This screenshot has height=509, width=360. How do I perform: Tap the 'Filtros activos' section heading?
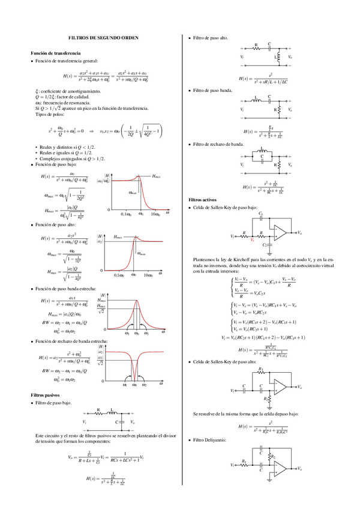click(203, 199)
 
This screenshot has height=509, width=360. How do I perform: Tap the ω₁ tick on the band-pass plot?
click(127, 333)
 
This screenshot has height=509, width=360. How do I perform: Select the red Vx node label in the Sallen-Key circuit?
click(252, 240)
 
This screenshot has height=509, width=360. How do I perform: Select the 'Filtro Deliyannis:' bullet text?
click(210, 440)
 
